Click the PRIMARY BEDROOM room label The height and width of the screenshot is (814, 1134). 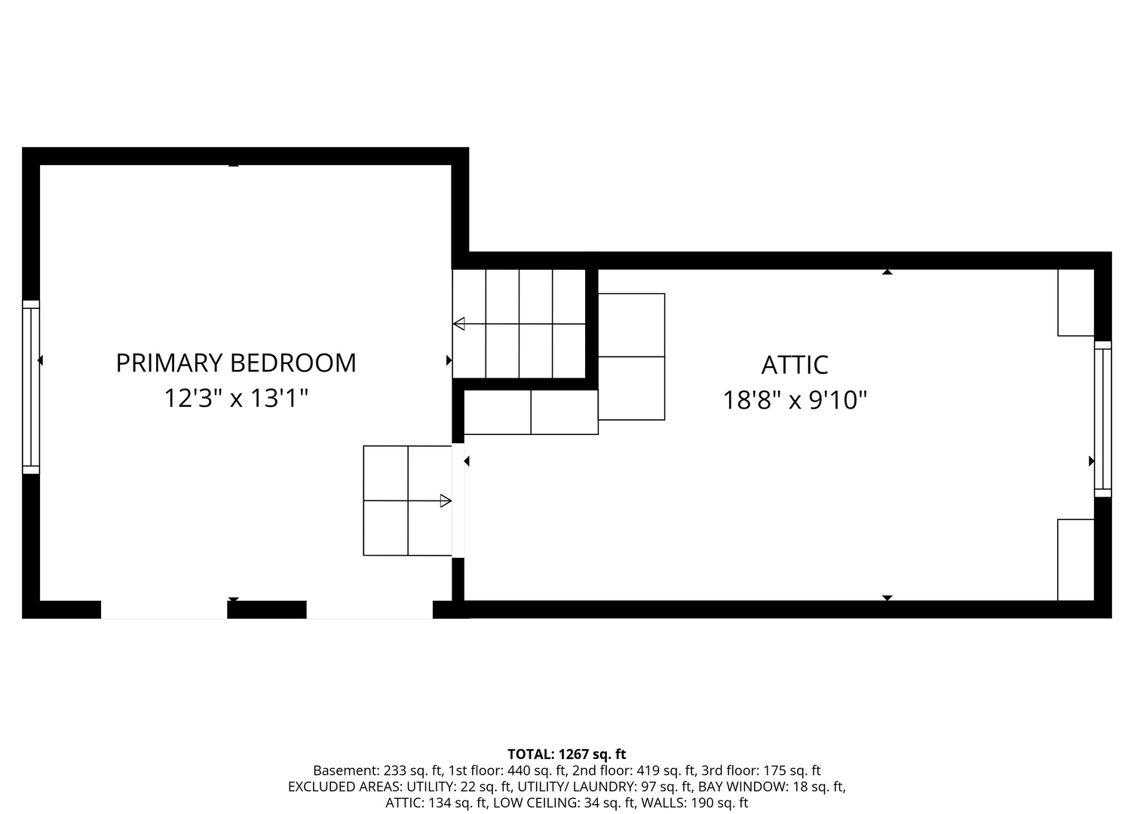236,363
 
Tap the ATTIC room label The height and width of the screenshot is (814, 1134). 795,365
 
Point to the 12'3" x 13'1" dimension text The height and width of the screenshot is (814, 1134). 236,398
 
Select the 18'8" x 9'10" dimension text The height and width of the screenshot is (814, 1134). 795,400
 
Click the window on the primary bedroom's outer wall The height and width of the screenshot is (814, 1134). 31,387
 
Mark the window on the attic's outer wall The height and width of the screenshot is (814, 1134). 1103,419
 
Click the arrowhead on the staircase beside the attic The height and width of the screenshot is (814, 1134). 458,324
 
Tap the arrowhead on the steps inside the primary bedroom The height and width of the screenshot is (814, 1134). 446,501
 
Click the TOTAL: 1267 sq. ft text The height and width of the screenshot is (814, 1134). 567,754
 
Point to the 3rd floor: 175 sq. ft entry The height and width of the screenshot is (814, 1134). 761,770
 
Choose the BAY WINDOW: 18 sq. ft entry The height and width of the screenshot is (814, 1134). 772,787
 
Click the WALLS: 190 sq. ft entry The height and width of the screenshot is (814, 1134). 694,803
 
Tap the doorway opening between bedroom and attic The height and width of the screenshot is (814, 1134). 458,500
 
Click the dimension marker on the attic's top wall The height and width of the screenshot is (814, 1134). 887,272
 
